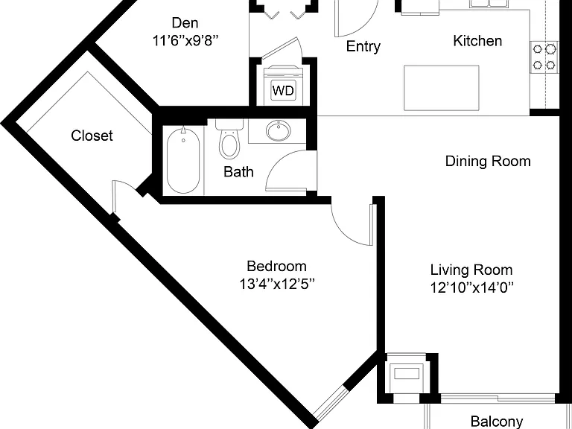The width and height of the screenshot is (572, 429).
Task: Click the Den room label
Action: (185, 23)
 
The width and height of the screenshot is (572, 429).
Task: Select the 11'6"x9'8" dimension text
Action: (185, 41)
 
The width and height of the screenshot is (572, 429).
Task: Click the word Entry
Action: (363, 46)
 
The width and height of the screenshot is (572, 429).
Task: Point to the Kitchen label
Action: (477, 40)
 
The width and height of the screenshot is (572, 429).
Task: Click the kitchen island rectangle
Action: (442, 88)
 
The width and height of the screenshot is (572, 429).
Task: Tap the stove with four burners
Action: (544, 57)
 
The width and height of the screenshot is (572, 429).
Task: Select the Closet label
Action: (92, 136)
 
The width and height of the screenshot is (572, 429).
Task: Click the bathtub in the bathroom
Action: (183, 160)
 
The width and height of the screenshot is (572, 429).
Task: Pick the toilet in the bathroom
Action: (229, 140)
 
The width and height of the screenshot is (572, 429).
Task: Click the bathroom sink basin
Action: (279, 130)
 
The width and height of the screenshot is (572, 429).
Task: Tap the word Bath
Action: (238, 172)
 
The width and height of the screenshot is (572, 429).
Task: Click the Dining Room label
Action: (488, 161)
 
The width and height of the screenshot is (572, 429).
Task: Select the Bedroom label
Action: (276, 266)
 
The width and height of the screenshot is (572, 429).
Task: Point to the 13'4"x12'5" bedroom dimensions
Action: (277, 284)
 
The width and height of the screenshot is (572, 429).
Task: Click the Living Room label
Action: (471, 270)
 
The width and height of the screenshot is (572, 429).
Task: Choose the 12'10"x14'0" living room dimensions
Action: (471, 287)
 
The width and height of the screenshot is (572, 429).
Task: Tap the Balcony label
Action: (497, 422)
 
